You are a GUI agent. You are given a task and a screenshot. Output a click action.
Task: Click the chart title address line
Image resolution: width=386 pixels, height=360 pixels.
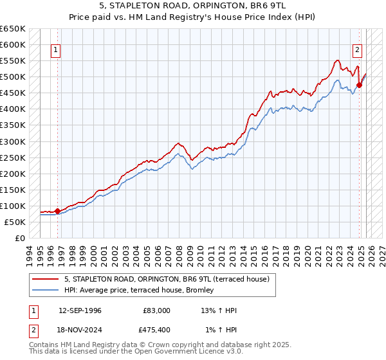coord(193,6)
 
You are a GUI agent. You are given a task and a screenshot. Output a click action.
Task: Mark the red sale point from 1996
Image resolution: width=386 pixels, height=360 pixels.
coord(57,210)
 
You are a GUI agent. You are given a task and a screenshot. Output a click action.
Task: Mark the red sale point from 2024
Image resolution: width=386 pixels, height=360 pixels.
coord(359,85)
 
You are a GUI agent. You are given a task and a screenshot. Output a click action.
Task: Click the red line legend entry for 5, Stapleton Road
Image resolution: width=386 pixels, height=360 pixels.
coord(170,279)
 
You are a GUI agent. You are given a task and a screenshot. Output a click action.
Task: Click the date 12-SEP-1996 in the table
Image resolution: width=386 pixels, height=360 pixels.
coord(80,310)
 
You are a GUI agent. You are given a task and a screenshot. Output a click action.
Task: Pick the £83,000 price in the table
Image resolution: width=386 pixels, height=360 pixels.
coord(156,310)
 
